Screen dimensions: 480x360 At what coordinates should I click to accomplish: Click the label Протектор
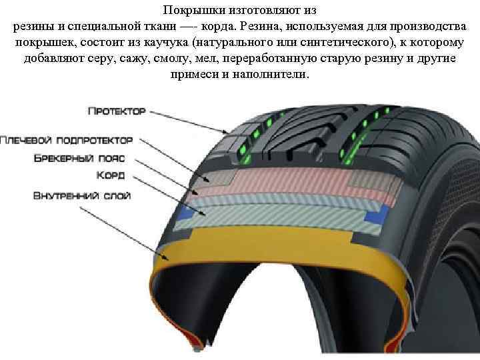pos(116,111)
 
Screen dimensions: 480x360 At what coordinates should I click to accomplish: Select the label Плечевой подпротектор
pos(67,141)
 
